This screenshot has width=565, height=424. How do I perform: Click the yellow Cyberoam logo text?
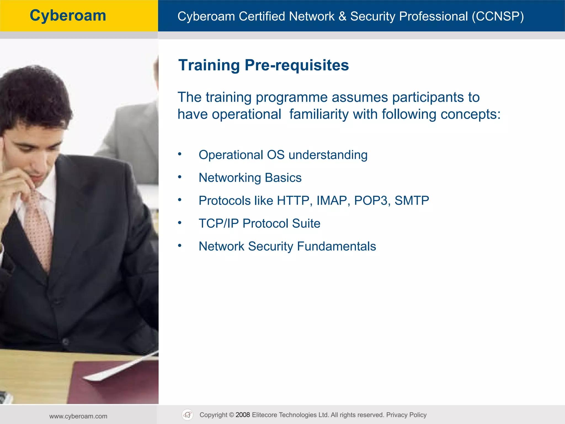pyautogui.click(x=68, y=15)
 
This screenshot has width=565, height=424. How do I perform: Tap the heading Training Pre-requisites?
pyautogui.click(x=263, y=65)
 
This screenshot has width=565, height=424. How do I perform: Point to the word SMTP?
pyautogui.click(x=412, y=201)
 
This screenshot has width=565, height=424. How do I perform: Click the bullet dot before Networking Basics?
pyautogui.click(x=180, y=177)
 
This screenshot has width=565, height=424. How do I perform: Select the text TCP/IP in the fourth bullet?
pyautogui.click(x=218, y=224)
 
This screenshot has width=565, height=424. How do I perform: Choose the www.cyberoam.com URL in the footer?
pyautogui.click(x=78, y=416)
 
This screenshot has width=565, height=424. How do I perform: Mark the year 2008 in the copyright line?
pyautogui.click(x=242, y=415)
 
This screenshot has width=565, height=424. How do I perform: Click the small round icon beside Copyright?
pyautogui.click(x=188, y=415)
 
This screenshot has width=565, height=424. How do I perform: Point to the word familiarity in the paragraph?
pyautogui.click(x=319, y=114)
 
